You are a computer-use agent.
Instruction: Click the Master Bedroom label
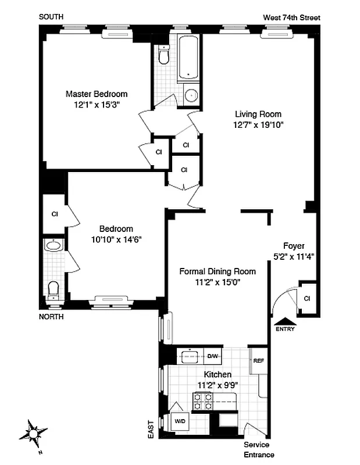(96, 94)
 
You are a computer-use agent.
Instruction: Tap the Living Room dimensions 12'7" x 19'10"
(258, 124)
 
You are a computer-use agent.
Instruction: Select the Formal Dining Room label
(217, 271)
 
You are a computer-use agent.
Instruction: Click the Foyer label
(294, 246)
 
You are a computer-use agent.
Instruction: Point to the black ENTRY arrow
(284, 320)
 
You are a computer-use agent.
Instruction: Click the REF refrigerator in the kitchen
(258, 360)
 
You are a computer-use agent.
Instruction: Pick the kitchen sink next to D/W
(190, 356)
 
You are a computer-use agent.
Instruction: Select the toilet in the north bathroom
(54, 288)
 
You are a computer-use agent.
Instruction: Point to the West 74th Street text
(291, 18)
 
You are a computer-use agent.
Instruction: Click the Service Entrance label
(259, 450)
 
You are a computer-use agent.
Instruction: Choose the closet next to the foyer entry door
(306, 298)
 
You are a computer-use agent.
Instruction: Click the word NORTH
(51, 317)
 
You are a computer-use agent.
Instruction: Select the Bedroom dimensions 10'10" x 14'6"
(116, 239)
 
